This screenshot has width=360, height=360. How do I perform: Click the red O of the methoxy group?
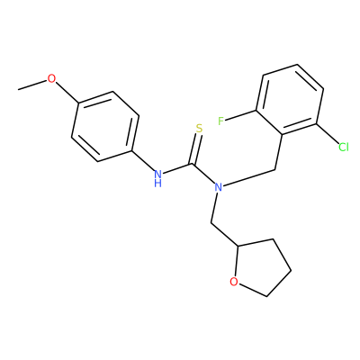[x=51, y=79]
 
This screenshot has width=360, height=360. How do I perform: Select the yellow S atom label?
[x=199, y=129]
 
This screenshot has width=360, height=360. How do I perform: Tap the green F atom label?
[x=221, y=121]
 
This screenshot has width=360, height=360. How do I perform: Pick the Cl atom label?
[x=344, y=147]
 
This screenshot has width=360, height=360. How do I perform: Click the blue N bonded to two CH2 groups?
[x=219, y=187]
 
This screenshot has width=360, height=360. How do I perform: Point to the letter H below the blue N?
[x=158, y=183]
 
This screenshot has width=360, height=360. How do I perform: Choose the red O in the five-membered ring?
[x=234, y=282]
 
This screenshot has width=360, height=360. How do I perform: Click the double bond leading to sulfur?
[x=195, y=149]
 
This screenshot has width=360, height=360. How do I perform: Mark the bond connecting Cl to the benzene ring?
[x=328, y=133]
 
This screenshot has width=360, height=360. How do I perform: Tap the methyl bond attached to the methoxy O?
[x=32, y=85]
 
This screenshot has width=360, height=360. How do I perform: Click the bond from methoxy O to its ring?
[x=67, y=92]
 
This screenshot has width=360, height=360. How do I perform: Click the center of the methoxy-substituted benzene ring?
[x=105, y=126]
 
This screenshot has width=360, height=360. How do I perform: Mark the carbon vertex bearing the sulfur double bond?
[x=192, y=164]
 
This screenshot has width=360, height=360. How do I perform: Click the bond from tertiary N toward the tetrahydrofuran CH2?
[x=214, y=208]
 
